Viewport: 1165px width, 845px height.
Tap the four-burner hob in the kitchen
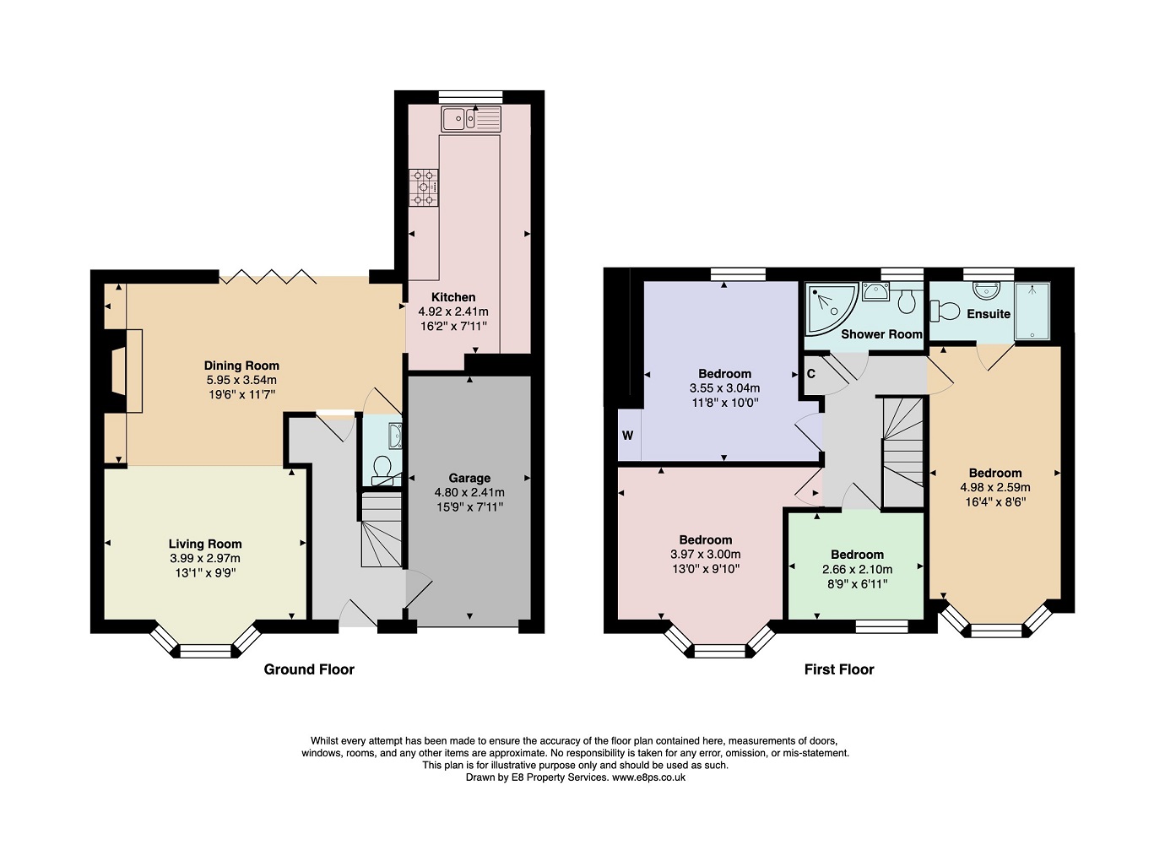point(424,188)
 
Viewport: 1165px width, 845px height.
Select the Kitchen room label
point(453,297)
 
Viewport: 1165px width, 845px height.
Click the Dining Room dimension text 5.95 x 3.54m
point(241,380)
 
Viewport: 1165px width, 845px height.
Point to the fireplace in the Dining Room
point(122,371)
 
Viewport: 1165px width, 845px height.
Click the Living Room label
point(205,544)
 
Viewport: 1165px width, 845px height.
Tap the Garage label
point(469,478)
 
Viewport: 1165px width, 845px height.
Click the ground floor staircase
point(381,530)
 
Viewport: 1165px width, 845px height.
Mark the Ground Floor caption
point(309,669)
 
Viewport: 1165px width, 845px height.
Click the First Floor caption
point(838,669)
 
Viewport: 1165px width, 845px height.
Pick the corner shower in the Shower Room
point(829,306)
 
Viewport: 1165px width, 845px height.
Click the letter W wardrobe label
point(627,436)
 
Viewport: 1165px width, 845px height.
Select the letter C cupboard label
point(811,374)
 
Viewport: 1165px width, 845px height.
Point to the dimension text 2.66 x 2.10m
point(857,569)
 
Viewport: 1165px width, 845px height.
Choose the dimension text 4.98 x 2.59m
point(995,487)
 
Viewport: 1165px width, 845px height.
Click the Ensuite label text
point(989,314)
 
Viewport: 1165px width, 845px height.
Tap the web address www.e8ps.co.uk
point(648,777)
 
